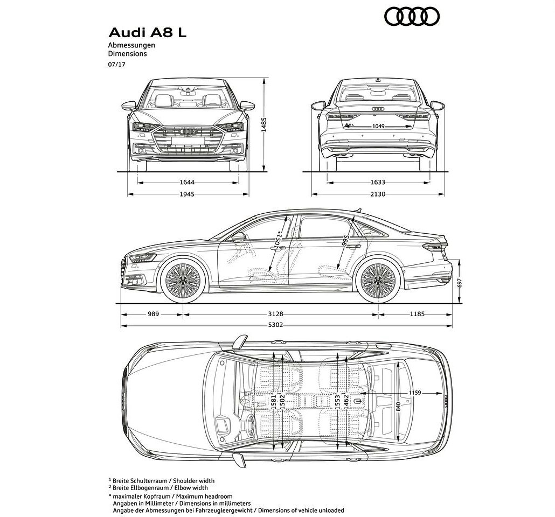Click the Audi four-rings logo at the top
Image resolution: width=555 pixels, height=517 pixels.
(x=412, y=17)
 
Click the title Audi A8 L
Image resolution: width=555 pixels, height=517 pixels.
(x=147, y=32)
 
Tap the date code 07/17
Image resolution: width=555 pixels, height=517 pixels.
(x=117, y=65)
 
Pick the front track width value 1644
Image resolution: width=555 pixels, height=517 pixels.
(x=187, y=183)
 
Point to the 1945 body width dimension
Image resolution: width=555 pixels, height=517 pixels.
(x=187, y=194)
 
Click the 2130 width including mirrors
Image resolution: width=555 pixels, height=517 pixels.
(x=378, y=194)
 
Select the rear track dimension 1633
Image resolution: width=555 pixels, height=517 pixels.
(x=378, y=183)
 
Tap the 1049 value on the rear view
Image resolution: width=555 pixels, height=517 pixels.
(x=378, y=127)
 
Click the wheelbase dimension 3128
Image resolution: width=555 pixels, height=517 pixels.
(x=275, y=314)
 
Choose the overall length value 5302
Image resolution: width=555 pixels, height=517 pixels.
(x=275, y=325)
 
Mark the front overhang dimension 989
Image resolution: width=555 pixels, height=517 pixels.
(x=153, y=314)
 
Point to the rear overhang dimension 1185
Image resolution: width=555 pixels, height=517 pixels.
(x=417, y=314)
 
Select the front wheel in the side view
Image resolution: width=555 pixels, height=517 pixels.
(x=183, y=280)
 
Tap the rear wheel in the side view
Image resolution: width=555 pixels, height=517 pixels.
(x=379, y=280)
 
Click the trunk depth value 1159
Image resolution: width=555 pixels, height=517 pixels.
(x=415, y=393)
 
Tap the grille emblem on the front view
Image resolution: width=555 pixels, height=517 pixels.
(x=188, y=131)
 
